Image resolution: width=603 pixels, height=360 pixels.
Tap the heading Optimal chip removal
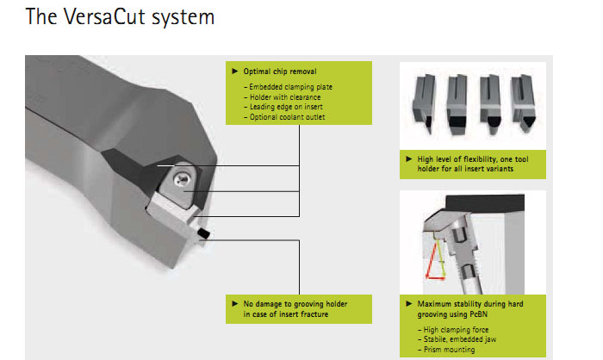[281, 71]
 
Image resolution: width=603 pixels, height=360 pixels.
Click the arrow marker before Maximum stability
[409, 305]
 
